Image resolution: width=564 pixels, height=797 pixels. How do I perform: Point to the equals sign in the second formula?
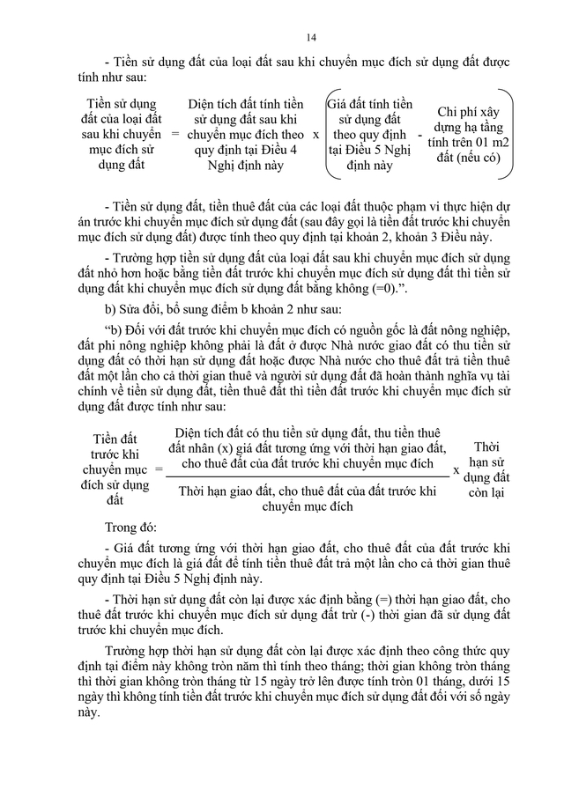pos(159,469)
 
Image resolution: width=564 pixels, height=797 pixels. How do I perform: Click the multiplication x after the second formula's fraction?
pos(456,469)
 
